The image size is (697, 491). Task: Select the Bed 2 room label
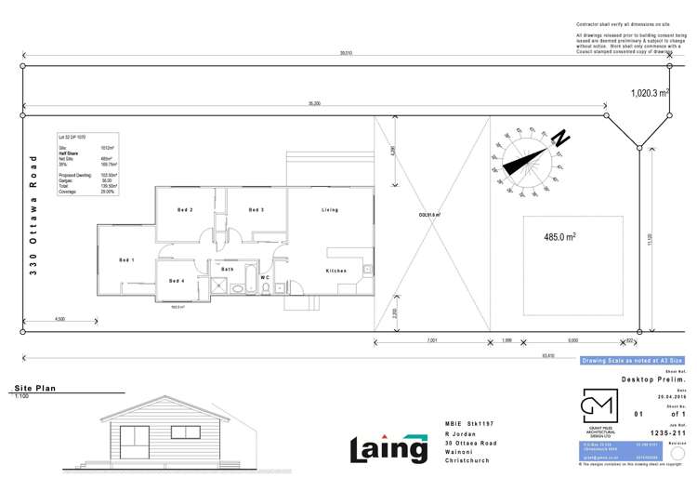[184, 210]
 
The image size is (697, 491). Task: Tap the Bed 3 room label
[256, 210]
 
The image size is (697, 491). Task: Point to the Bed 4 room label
[178, 281]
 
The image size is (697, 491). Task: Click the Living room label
[330, 210]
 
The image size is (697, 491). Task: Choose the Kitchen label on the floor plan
[335, 271]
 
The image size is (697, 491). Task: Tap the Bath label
[226, 270]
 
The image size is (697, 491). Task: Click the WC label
[265, 276]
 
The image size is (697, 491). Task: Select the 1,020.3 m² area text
[650, 93]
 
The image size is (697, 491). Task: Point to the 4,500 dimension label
[59, 320]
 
